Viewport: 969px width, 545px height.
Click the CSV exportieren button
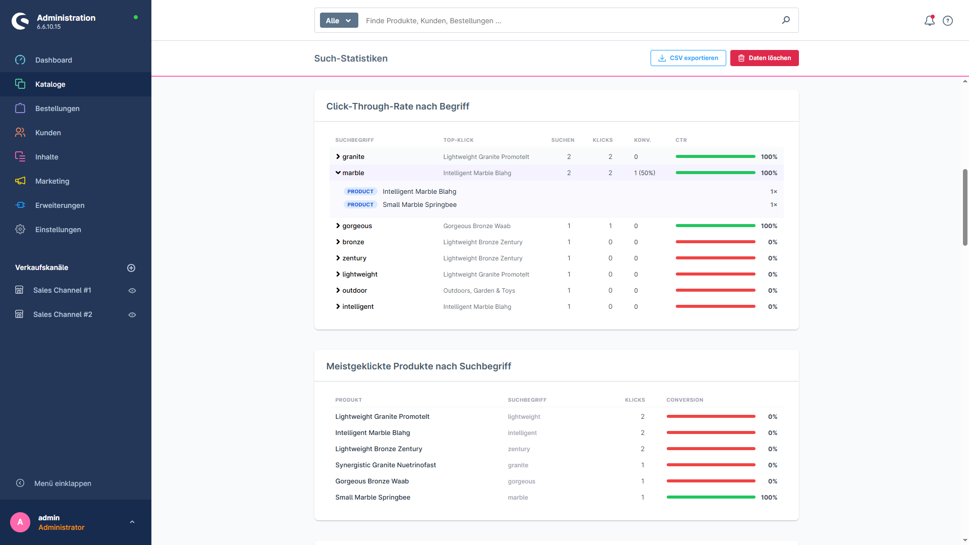pos(688,58)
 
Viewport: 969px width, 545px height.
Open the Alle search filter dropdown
pos(339,21)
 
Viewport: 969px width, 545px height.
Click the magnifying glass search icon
pos(786,20)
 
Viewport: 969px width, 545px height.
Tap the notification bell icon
pos(929,21)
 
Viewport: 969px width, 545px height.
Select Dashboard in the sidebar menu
pos(53,60)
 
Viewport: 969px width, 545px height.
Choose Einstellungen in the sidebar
pos(58,230)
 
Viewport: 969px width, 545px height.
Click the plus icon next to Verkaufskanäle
pos(131,268)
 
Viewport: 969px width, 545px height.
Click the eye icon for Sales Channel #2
pos(132,315)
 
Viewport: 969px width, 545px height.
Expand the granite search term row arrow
pos(338,157)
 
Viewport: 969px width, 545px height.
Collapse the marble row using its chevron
pos(338,173)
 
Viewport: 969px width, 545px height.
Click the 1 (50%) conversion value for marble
pos(644,173)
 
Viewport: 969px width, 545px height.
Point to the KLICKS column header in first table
pos(603,140)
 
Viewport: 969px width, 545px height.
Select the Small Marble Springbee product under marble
pos(419,205)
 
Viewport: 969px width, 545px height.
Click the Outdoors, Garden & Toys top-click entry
pos(479,291)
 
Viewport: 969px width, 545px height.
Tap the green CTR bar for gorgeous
pos(715,226)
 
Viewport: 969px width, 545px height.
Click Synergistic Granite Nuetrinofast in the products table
pos(386,465)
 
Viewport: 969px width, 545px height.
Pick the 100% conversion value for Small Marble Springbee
pos(769,498)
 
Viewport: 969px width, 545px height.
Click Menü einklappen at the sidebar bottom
pos(63,483)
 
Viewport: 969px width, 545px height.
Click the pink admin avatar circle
pos(20,522)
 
